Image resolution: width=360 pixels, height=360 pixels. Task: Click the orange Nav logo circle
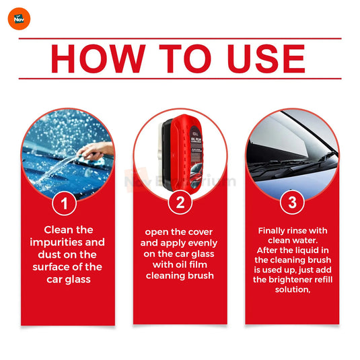click(19, 19)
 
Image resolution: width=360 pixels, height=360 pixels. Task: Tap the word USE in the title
click(266, 59)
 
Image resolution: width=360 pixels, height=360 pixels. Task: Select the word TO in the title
click(185, 59)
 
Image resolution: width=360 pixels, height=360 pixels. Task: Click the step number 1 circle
click(65, 203)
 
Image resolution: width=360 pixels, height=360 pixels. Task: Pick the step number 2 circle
click(180, 203)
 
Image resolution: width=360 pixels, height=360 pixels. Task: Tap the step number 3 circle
click(292, 203)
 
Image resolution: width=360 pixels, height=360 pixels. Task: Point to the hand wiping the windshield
click(96, 151)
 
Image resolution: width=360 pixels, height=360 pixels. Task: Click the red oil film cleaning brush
click(182, 153)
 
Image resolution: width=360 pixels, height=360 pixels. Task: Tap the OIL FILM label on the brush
click(196, 139)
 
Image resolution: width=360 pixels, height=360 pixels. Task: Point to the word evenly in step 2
click(202, 244)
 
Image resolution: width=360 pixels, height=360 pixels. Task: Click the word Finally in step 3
click(272, 231)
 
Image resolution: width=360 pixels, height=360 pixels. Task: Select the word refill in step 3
click(323, 279)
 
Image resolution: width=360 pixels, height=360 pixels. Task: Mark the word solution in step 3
click(293, 289)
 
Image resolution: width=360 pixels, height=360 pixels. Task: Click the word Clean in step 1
click(59, 230)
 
